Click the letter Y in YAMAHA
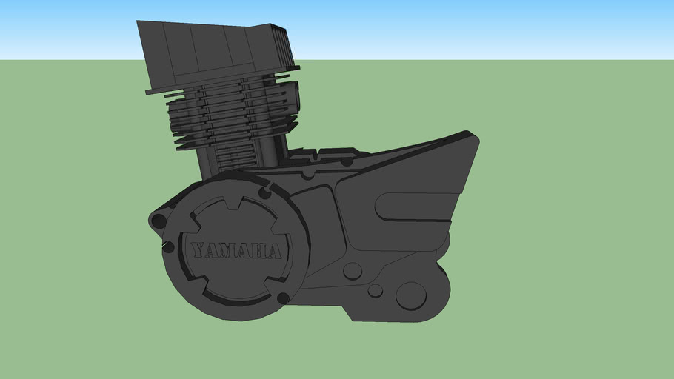pos(198,250)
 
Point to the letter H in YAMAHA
pos(261,252)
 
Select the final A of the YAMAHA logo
pos(274,252)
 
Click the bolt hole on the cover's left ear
pos(159,221)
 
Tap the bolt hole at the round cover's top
pos(264,193)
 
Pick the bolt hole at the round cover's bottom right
pos(283,298)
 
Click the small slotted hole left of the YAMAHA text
pos(168,246)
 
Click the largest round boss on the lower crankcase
pos(411,295)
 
